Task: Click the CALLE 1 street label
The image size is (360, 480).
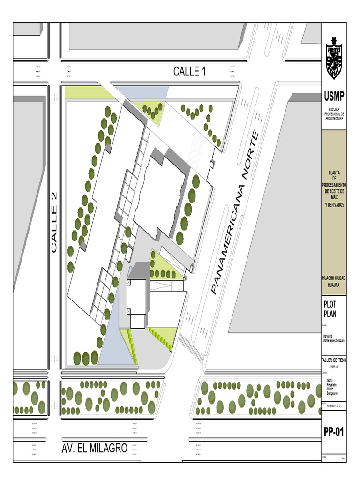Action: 189,72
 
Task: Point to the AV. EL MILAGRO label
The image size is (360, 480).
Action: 94,449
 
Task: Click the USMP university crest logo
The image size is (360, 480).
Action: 334,59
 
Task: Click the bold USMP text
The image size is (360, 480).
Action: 334,97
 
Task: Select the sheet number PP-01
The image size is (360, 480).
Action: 334,432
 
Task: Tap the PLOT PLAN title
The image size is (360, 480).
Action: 330,310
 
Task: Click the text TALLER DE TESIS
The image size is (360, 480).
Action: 333,360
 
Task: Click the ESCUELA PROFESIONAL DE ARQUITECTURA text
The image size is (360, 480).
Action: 334,114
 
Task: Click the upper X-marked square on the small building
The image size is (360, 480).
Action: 128,284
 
